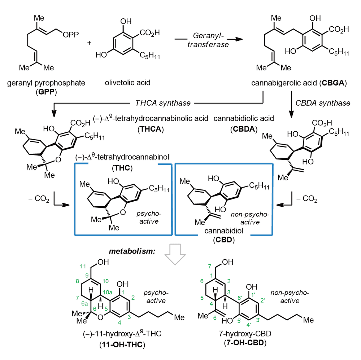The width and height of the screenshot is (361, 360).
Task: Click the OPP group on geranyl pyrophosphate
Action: [71, 35]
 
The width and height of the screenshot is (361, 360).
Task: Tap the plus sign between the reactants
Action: [89, 43]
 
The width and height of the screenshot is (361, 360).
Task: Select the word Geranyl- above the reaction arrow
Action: [208, 36]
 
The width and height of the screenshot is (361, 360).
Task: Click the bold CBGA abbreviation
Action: [333, 83]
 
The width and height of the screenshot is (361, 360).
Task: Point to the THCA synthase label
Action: [163, 103]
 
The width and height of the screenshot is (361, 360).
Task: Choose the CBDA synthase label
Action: [323, 103]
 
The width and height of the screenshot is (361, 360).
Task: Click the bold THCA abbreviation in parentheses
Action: [151, 129]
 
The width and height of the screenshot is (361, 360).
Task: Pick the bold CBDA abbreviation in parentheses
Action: [244, 129]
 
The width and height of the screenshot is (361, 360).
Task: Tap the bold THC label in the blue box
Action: [122, 168]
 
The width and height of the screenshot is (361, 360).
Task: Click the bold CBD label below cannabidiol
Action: [223, 240]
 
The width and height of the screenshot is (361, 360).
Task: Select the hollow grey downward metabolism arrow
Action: [175, 254]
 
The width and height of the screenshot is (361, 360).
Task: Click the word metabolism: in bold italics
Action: [132, 251]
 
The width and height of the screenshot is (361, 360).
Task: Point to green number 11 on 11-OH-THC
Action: [83, 266]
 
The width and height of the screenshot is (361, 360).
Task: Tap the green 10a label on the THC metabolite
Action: [108, 293]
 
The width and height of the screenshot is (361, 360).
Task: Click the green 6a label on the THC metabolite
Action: [84, 304]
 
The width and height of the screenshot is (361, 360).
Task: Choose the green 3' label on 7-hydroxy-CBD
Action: [258, 320]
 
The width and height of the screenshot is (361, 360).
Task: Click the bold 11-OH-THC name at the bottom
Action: [122, 344]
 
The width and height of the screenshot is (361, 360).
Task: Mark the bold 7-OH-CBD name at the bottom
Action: [245, 343]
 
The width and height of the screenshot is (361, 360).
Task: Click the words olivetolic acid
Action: [127, 83]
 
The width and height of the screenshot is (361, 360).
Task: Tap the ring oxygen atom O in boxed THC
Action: [123, 212]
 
